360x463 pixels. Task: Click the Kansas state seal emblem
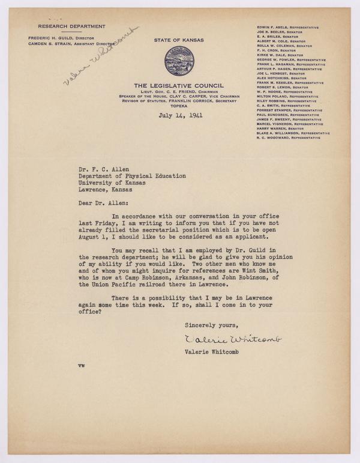click(179, 61)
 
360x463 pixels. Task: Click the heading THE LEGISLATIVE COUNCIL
click(179, 85)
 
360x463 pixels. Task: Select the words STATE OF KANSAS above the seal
click(179, 41)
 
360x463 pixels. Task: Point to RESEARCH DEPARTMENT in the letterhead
click(71, 26)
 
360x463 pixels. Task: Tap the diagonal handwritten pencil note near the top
click(100, 55)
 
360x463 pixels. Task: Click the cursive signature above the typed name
click(233, 339)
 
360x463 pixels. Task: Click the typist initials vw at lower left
click(81, 365)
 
